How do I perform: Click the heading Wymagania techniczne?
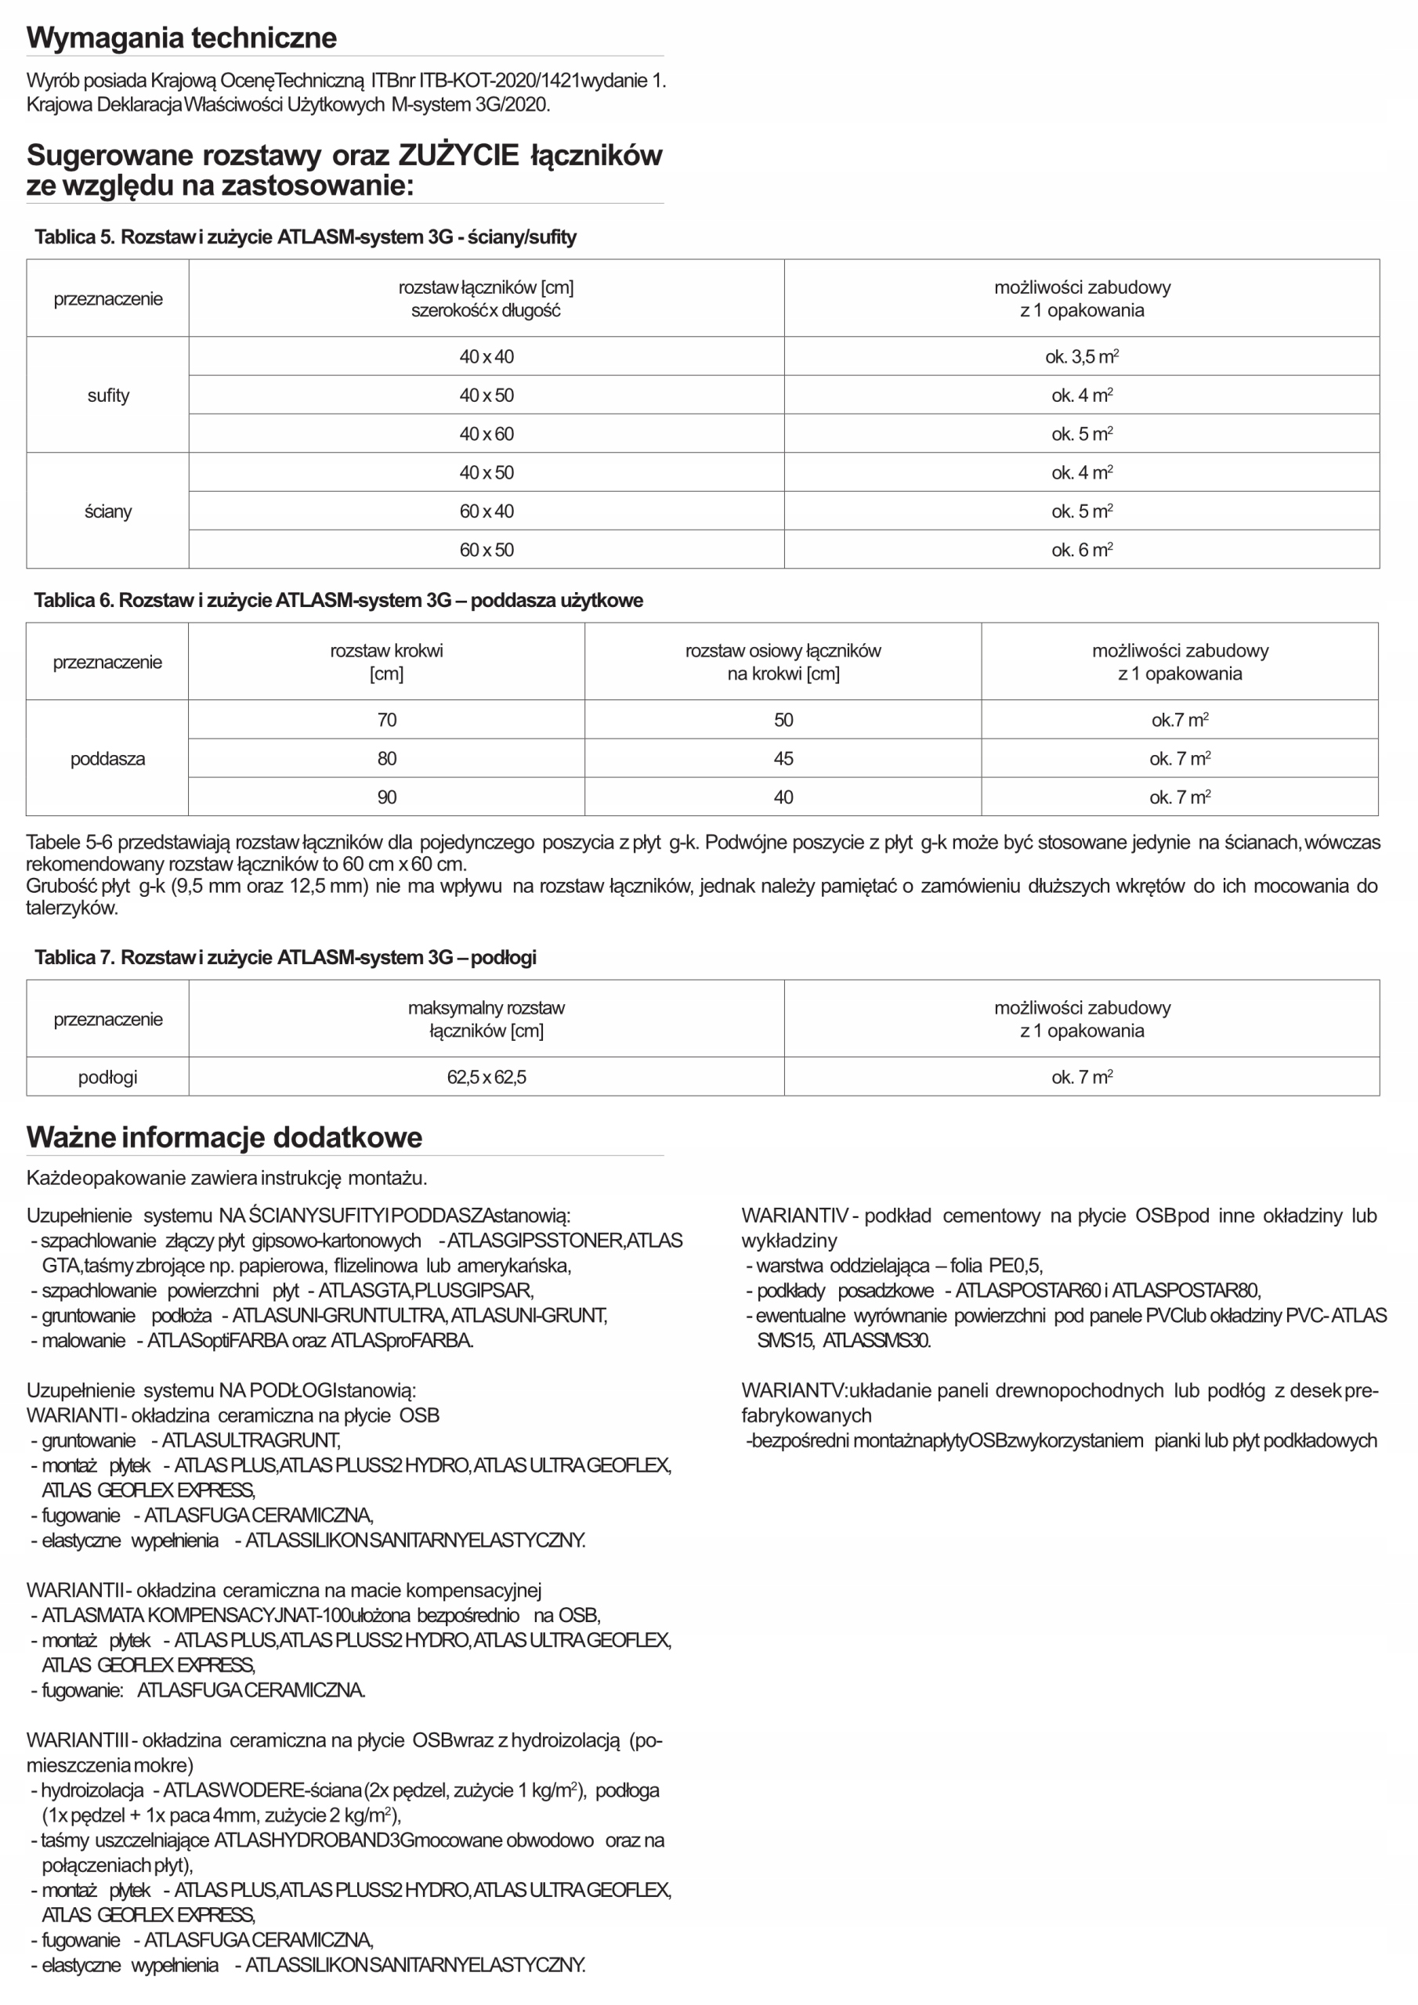tap(181, 38)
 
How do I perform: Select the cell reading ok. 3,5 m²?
tap(1082, 356)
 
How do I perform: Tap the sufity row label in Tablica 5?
tap(107, 395)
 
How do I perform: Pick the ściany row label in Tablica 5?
tap(107, 511)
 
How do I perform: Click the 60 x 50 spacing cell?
tap(486, 549)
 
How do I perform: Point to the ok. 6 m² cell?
tap(1082, 549)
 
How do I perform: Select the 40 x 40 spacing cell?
tap(486, 356)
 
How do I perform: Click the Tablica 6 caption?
tap(338, 600)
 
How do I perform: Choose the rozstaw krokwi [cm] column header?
tap(386, 661)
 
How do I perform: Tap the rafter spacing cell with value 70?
tap(386, 720)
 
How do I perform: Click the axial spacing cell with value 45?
tap(783, 758)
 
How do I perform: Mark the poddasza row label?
tap(107, 758)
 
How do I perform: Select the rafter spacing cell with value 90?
tap(386, 797)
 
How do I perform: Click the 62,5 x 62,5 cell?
tap(486, 1077)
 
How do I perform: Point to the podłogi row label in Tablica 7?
tap(107, 1077)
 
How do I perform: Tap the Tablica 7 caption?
tap(285, 957)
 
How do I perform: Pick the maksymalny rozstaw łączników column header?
tap(486, 1018)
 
